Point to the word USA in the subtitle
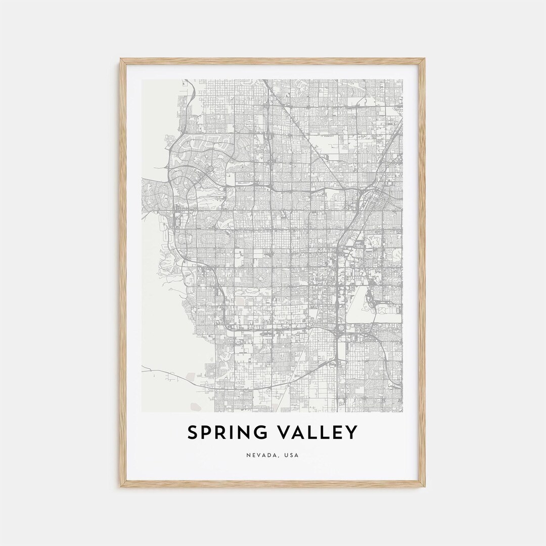[x=292, y=456]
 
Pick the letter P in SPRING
[x=207, y=433]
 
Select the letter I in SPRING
[x=232, y=433]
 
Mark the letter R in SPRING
[x=221, y=433]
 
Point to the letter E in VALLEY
[x=337, y=433]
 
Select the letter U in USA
[x=287, y=456]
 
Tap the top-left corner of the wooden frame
[x=121, y=59]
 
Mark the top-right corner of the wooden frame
[x=425, y=59]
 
